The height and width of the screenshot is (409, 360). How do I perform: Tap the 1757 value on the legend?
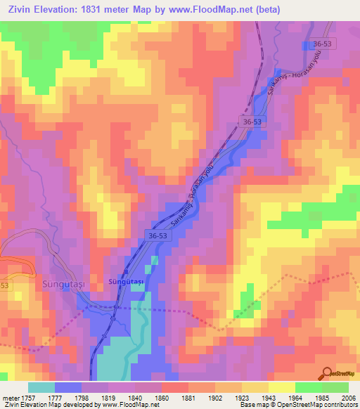[28, 397]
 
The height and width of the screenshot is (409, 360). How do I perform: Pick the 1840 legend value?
[136, 397]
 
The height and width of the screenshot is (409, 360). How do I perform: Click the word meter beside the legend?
[11, 397]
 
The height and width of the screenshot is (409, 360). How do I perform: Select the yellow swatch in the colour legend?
[281, 387]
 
